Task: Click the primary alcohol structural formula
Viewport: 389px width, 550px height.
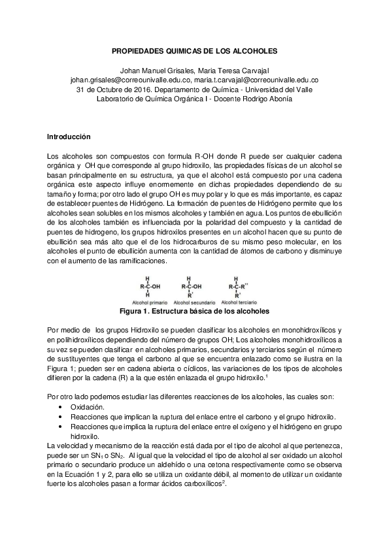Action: (150, 285)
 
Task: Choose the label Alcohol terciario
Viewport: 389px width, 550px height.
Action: (241, 303)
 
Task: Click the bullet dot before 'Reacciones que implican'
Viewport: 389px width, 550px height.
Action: (61, 416)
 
